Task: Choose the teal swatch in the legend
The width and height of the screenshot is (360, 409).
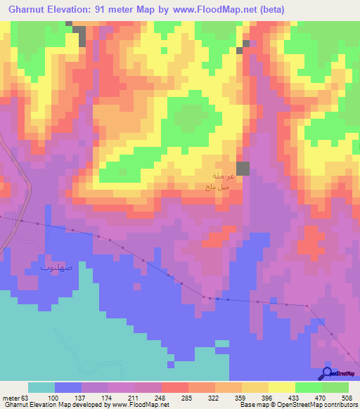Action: pos(41,387)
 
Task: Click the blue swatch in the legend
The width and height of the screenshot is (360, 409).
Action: pos(68,387)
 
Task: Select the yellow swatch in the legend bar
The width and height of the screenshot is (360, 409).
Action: pos(282,387)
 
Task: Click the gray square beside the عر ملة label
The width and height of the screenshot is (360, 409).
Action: pos(243,168)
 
